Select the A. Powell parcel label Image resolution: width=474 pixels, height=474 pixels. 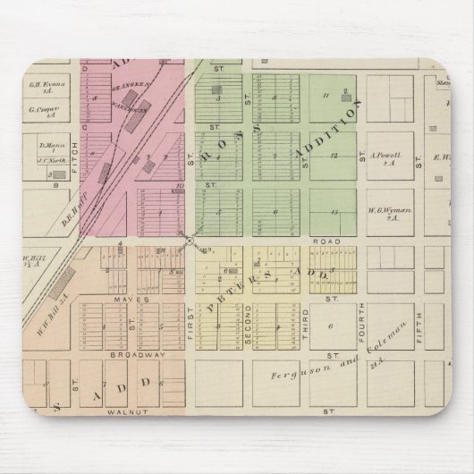coord(383,154)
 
